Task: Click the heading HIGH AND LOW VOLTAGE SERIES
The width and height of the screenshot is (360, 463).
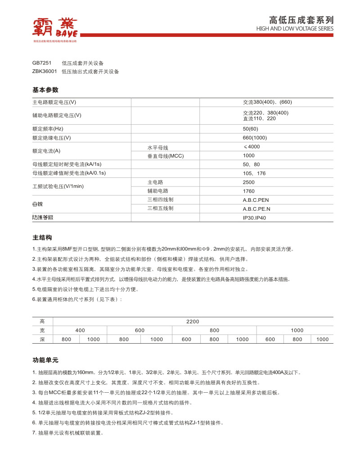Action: (x=295, y=28)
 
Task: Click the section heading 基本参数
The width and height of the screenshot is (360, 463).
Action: (x=45, y=90)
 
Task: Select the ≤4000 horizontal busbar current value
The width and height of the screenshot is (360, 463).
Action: (x=251, y=147)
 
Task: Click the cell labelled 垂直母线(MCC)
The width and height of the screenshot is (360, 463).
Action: (x=166, y=156)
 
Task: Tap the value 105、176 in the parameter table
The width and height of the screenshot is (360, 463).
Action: (x=254, y=173)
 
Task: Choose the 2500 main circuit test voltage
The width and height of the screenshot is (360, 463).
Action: (x=248, y=182)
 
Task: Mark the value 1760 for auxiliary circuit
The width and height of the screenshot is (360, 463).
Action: (x=248, y=191)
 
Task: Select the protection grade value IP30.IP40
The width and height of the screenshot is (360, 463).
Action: (x=255, y=218)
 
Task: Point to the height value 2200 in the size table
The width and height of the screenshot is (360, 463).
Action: (x=193, y=322)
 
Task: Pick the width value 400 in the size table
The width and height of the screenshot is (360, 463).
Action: (x=80, y=331)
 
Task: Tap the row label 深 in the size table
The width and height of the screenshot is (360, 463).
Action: (x=42, y=340)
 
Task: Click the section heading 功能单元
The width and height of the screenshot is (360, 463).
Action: (x=45, y=361)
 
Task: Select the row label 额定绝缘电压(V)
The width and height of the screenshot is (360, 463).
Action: (x=52, y=138)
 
